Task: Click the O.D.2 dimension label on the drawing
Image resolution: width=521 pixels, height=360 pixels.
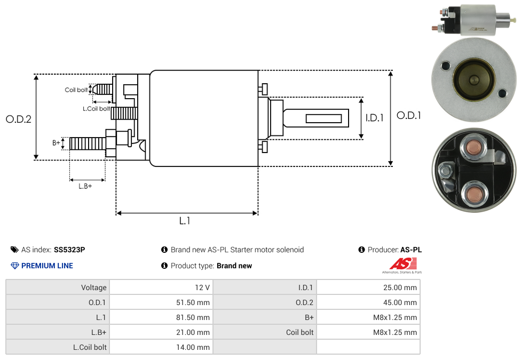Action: pyautogui.click(x=19, y=119)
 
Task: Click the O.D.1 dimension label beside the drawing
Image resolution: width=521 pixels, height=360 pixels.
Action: pyautogui.click(x=409, y=115)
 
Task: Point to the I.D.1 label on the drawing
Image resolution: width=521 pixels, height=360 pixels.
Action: pyautogui.click(x=374, y=118)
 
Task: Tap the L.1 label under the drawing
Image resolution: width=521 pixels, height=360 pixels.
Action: pyautogui.click(x=185, y=221)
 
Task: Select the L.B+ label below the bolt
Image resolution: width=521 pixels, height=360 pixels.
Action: pyautogui.click(x=85, y=186)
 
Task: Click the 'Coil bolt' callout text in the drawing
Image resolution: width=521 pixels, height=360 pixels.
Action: pyautogui.click(x=76, y=90)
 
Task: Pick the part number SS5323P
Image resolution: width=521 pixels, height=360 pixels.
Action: pyautogui.click(x=69, y=250)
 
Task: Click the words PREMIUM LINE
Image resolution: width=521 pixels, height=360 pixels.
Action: pyautogui.click(x=47, y=266)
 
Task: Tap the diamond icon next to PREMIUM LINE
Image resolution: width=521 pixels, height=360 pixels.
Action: pyautogui.click(x=15, y=266)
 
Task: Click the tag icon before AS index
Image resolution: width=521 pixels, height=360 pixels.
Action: pyautogui.click(x=14, y=250)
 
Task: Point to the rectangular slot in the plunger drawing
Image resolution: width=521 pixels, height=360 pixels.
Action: pyautogui.click(x=323, y=117)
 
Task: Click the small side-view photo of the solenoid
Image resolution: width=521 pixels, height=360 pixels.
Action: pyautogui.click(x=473, y=20)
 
